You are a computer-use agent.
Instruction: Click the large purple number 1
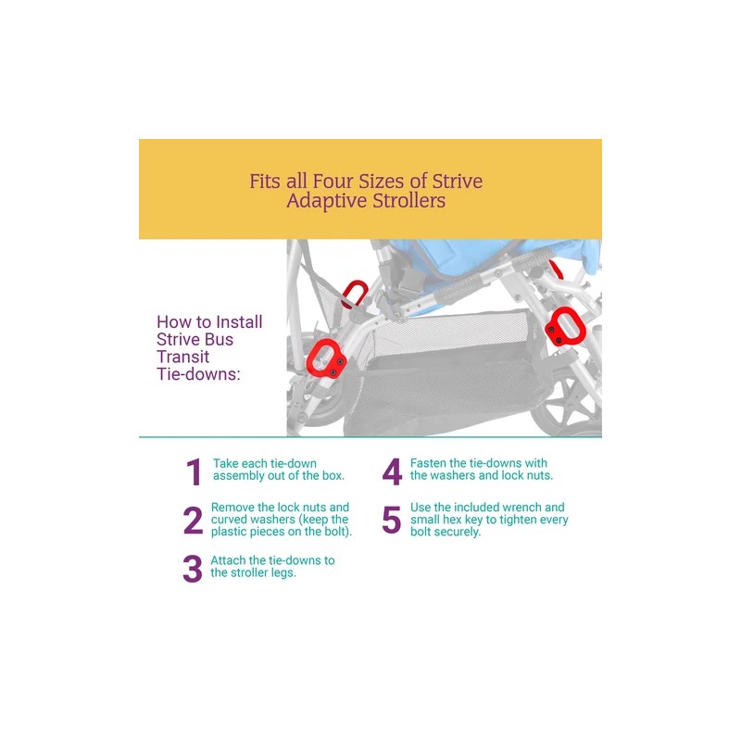coord(194,472)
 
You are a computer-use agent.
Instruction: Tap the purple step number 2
coord(193,521)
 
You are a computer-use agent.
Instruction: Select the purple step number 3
coord(192,570)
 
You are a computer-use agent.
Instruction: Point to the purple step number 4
coord(392,472)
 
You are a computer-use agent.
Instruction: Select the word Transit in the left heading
coord(183,357)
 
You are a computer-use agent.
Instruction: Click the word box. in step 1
coord(331,476)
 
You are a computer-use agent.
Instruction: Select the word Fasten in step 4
coord(429,463)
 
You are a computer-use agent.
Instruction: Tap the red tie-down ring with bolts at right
coord(562,331)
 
